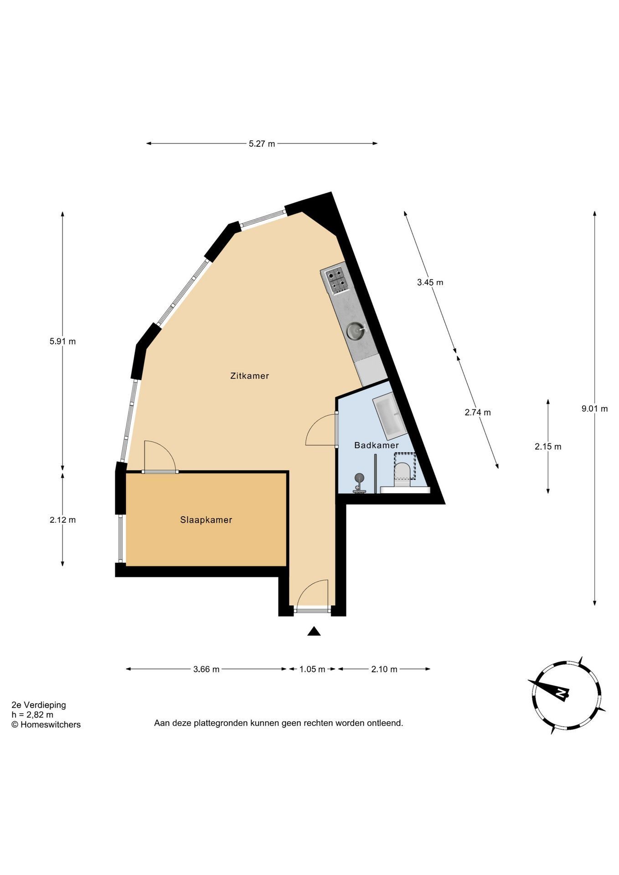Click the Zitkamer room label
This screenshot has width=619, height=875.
(249, 376)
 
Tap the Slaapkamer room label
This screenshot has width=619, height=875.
(206, 520)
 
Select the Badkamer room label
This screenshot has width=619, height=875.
(377, 445)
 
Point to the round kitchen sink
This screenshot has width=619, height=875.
(356, 330)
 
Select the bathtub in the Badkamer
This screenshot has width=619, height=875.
(390, 416)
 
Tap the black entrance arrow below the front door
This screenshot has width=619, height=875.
(314, 631)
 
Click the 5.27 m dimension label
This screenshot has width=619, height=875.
(262, 144)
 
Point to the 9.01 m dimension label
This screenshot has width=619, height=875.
(594, 409)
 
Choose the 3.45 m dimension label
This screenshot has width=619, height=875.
(430, 282)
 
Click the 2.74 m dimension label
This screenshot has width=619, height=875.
(478, 412)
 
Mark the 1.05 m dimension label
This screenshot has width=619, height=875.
(312, 669)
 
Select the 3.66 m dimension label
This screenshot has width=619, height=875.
(206, 669)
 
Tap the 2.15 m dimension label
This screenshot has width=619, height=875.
(548, 447)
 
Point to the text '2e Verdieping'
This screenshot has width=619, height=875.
(39, 705)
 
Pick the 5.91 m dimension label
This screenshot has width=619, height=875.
(62, 341)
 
